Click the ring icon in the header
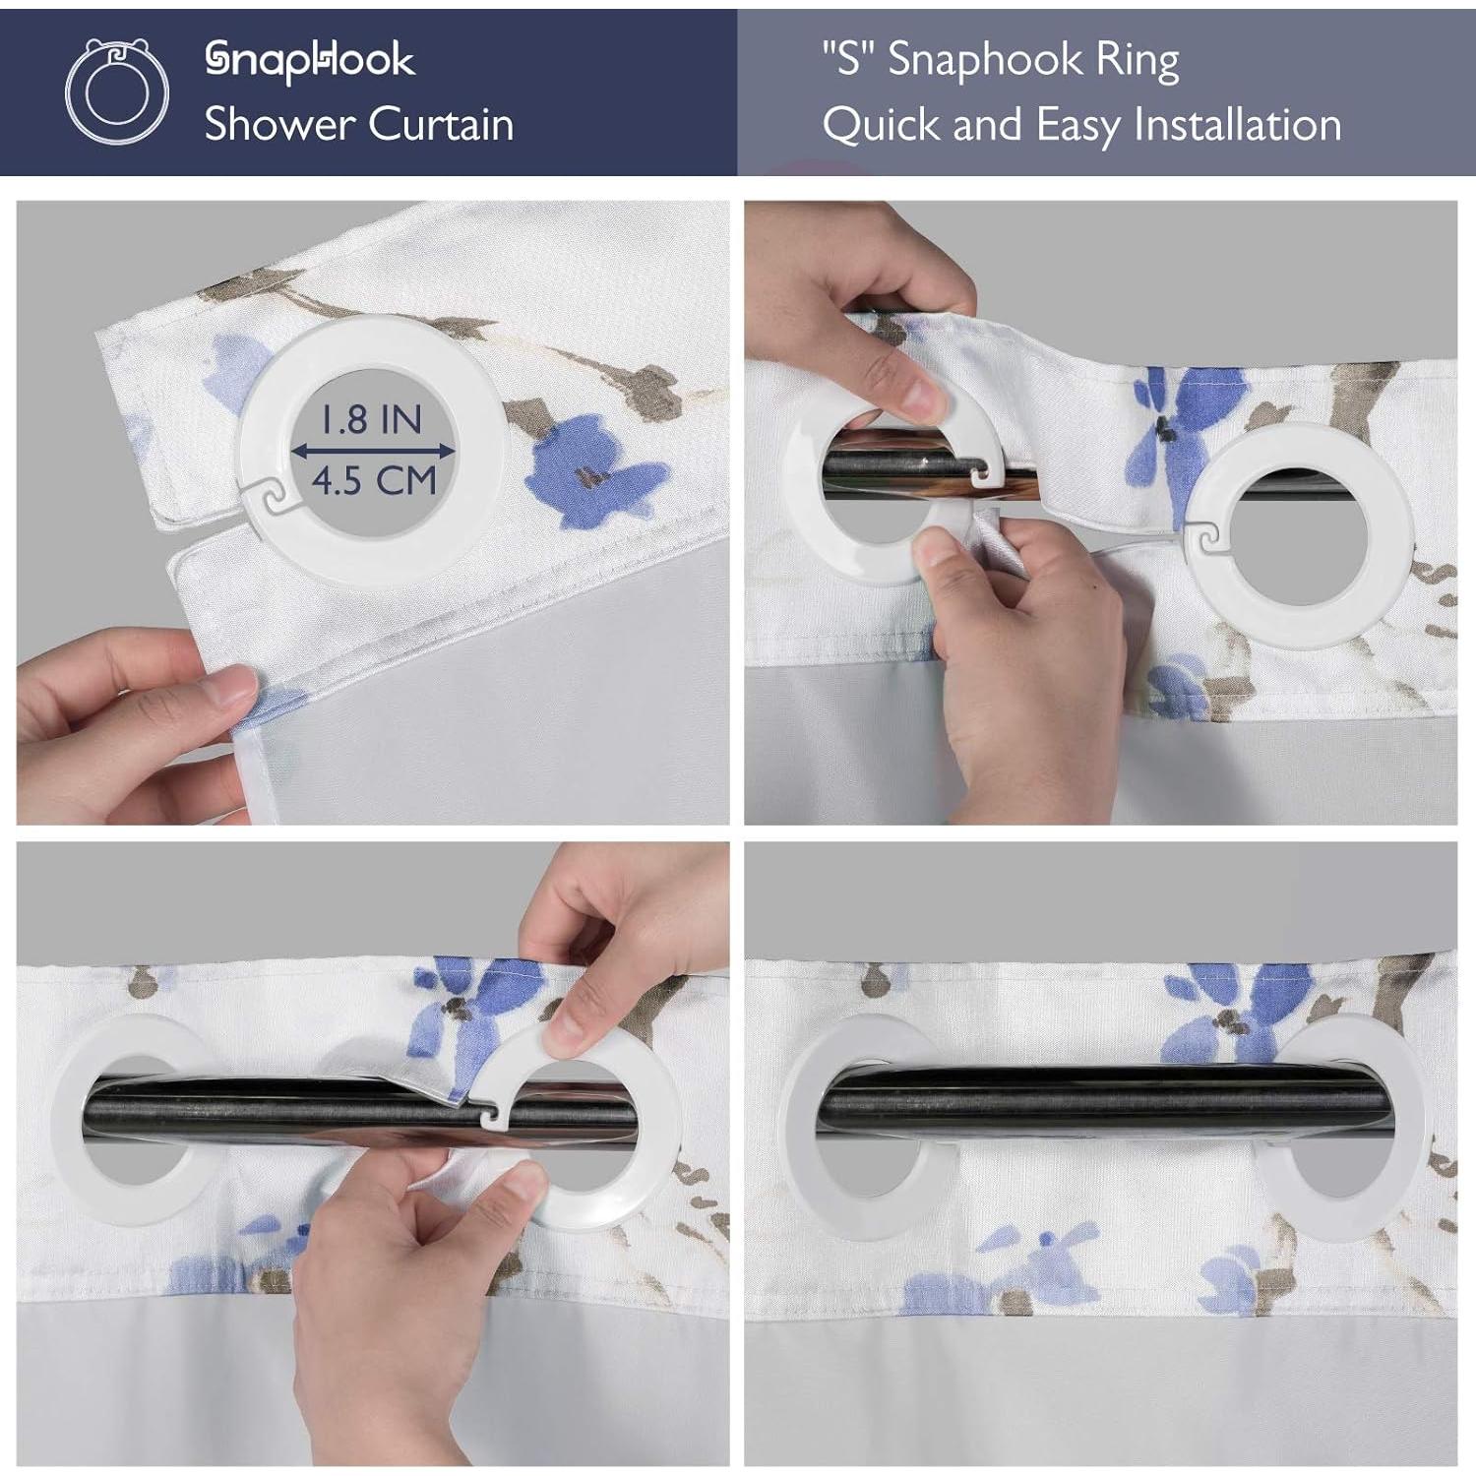click(x=116, y=92)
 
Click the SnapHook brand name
click(x=309, y=61)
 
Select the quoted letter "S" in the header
click(x=848, y=60)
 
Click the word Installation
click(x=1237, y=125)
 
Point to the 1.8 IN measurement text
click(x=371, y=420)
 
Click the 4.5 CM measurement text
click(x=374, y=481)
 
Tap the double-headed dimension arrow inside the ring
click(x=374, y=451)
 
